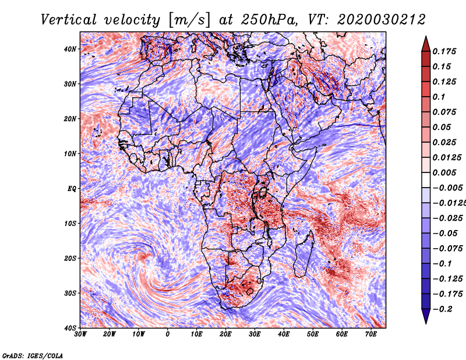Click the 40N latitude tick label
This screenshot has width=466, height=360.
69,49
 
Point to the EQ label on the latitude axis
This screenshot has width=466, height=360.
72,189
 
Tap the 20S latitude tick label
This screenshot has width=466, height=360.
69,258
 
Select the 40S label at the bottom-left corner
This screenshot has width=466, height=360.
69,328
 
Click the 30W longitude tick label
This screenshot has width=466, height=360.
80,334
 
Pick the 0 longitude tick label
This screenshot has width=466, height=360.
168,334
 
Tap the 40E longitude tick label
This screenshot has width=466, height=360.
284,334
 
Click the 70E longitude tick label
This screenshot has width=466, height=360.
371,334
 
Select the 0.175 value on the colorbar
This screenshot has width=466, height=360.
444,51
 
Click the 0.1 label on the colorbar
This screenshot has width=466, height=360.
439,97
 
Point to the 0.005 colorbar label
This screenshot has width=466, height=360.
444,172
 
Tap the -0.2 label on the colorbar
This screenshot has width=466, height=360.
442,309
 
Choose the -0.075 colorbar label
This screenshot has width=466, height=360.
447,249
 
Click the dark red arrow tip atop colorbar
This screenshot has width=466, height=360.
426,37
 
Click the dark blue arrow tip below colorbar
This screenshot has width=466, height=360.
426,323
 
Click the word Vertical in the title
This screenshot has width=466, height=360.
69,20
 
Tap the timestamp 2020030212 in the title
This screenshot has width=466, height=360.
382,20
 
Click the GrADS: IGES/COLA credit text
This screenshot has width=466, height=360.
33,355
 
